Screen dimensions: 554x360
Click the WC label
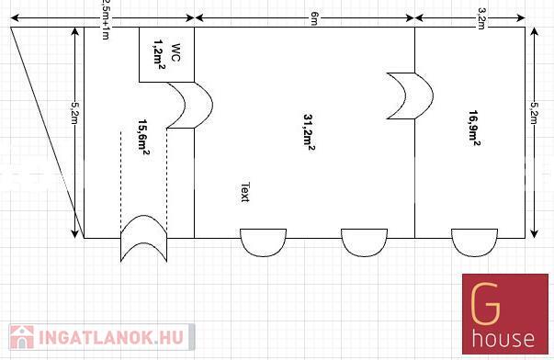click(175, 52)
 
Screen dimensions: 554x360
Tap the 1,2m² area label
click(160, 54)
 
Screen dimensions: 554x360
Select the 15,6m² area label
click(144, 137)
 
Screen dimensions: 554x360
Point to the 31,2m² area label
click(309, 132)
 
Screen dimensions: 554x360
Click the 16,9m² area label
click(474, 127)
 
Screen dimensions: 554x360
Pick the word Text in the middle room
click(245, 192)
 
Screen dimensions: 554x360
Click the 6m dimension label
click(314, 18)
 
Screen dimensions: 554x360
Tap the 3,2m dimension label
click(481, 18)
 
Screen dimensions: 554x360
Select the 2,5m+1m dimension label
click(105, 20)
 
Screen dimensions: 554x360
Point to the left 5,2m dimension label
click(74, 113)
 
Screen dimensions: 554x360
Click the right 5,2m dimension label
click(534, 113)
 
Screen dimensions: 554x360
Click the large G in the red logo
click(486, 304)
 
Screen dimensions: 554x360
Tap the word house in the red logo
click(503, 338)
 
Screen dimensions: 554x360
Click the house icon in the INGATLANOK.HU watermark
click(22, 337)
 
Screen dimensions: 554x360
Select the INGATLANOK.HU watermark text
click(111, 337)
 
